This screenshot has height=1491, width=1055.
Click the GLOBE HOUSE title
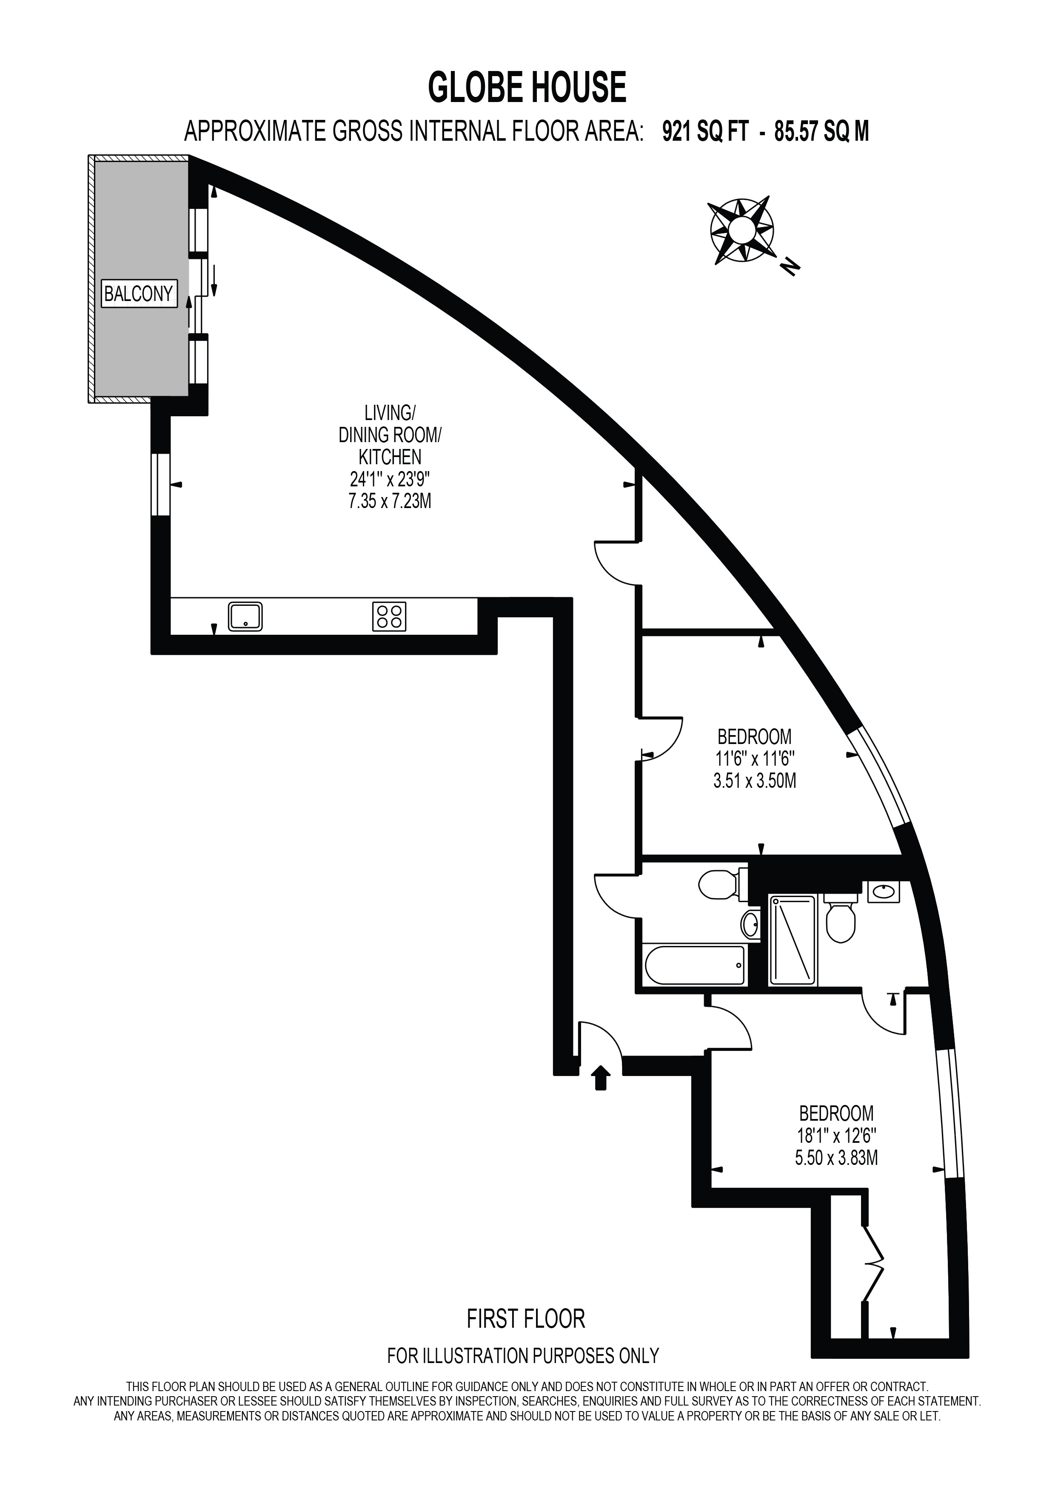pos(527,88)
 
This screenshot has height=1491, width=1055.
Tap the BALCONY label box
pos(138,294)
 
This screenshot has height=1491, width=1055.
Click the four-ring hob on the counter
pos(389,616)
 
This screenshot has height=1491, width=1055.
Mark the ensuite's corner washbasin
pos(884,892)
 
